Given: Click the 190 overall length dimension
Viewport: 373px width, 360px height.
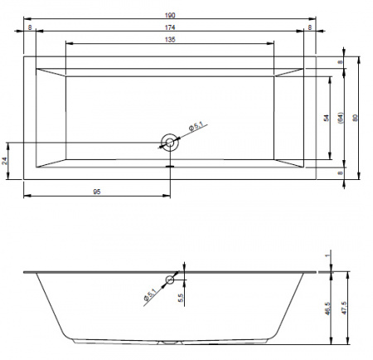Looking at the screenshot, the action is point(170,15).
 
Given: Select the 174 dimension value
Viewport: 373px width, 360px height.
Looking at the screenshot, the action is point(170,27).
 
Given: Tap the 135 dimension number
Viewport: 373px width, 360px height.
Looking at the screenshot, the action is point(170,40).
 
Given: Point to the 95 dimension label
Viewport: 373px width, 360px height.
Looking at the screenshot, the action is point(97,192).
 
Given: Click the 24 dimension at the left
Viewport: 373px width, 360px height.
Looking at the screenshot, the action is point(4,161).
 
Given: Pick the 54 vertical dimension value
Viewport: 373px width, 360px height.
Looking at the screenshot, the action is point(327,118).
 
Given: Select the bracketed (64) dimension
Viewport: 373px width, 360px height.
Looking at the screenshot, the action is point(341,118).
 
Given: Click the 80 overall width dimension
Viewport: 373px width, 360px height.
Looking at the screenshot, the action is point(356,118).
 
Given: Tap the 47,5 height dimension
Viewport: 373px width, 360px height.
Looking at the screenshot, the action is point(344,308).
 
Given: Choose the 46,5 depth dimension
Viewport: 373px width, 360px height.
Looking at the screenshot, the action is point(327,309).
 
